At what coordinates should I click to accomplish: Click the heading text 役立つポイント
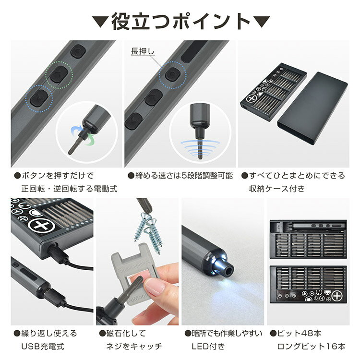pos(180,22)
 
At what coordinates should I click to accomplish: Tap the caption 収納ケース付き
pos(276,189)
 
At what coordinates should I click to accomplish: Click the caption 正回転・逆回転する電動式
pos(69,189)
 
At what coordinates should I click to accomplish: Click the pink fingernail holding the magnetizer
pos(155,287)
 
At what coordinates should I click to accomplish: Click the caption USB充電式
pos(42,346)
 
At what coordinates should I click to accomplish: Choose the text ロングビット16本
pos(311,346)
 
